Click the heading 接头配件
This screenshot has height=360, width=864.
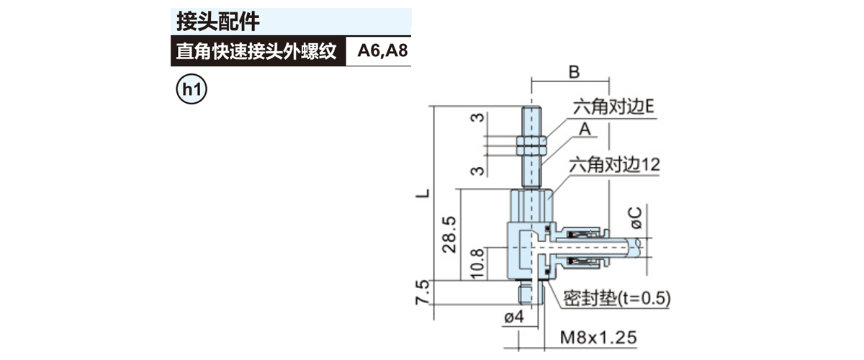pyautogui.click(x=218, y=21)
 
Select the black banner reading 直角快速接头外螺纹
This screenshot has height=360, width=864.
pyautogui.click(x=258, y=51)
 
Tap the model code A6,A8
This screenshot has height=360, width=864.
pyautogui.click(x=382, y=51)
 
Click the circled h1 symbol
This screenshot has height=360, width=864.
pyautogui.click(x=192, y=89)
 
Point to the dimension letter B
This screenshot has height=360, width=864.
pyautogui.click(x=574, y=72)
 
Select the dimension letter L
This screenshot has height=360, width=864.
pyautogui.click(x=423, y=193)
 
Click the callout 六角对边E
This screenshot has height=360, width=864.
pyautogui.click(x=613, y=107)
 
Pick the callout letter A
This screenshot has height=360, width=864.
pyautogui.click(x=585, y=129)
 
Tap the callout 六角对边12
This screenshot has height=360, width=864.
pyautogui.click(x=614, y=165)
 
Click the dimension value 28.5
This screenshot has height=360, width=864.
pyautogui.click(x=449, y=235)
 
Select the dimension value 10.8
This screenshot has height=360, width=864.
pyautogui.click(x=477, y=264)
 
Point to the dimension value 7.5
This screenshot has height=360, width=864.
pyautogui.click(x=423, y=292)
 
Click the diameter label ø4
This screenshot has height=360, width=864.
pyautogui.click(x=514, y=318)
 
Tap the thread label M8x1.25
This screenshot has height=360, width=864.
pyautogui.click(x=598, y=338)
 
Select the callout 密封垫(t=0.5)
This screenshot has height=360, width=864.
pyautogui.click(x=617, y=298)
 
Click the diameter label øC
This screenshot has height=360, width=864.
pyautogui.click(x=635, y=218)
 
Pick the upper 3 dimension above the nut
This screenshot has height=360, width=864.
pyautogui.click(x=477, y=117)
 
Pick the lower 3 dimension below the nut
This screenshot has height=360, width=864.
pyautogui.click(x=477, y=170)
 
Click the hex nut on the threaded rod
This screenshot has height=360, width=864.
pyautogui.click(x=531, y=145)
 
